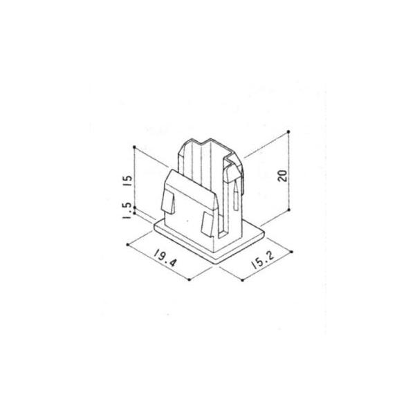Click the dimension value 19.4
(x=164, y=259)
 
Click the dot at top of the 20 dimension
(x=288, y=131)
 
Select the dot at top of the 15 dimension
(x=135, y=147)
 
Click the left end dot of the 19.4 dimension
(x=130, y=244)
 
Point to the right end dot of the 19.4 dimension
(x=190, y=279)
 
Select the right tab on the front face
(x=207, y=225)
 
